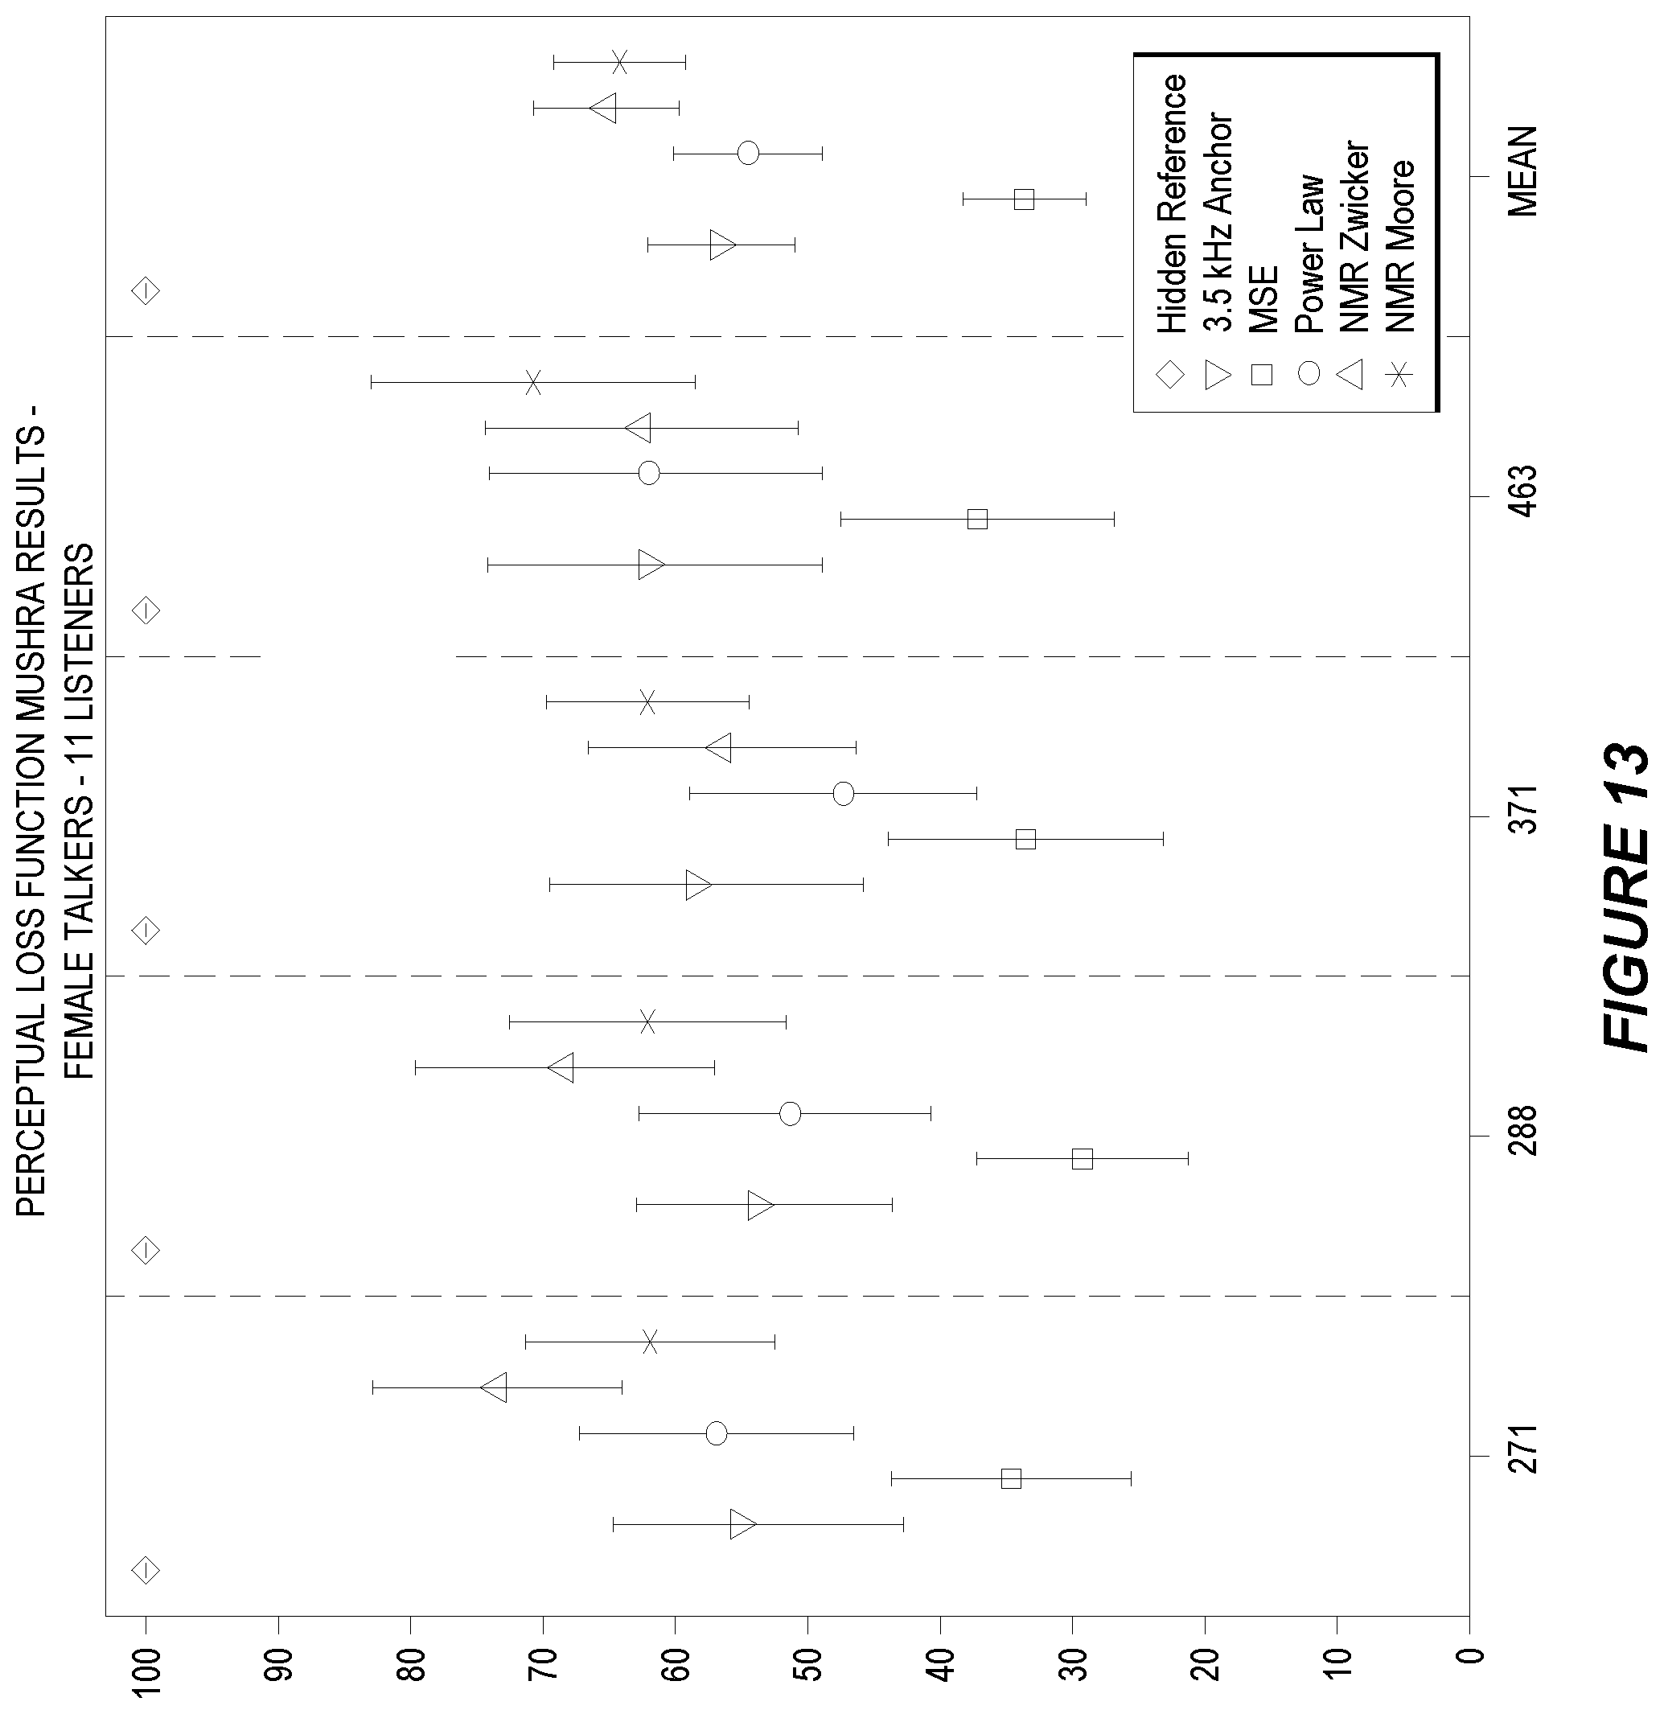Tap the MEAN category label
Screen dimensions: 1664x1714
click(x=1522, y=171)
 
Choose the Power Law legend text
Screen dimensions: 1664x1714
click(x=1309, y=254)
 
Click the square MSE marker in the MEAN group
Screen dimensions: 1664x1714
click(x=1024, y=199)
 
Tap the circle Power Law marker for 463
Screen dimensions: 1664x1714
click(x=649, y=473)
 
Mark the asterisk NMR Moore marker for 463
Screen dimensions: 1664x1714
click(x=532, y=382)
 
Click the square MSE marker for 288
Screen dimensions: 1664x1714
click(x=1083, y=1159)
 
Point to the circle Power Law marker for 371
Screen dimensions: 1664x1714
click(x=844, y=794)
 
